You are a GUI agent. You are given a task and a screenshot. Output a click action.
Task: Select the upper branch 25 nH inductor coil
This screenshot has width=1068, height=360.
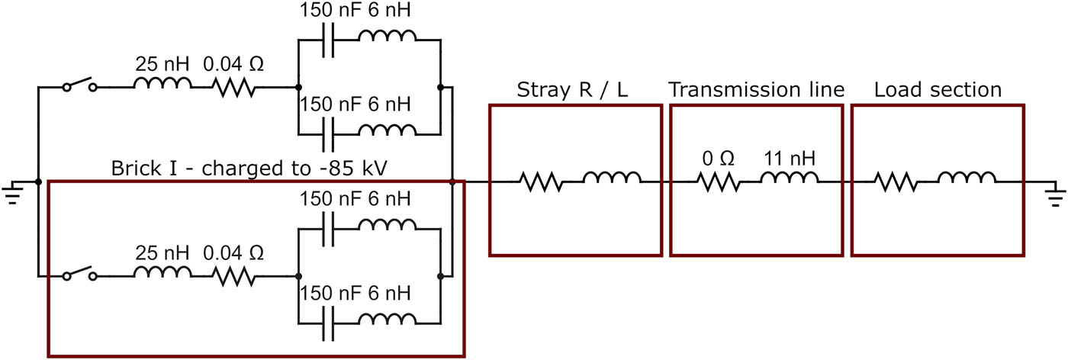click(162, 84)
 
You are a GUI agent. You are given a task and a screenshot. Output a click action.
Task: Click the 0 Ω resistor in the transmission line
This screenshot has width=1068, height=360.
click(717, 182)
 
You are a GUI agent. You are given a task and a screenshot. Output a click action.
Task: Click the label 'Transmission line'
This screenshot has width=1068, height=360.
click(757, 90)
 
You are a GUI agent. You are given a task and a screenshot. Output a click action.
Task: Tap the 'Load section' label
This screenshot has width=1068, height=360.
click(938, 90)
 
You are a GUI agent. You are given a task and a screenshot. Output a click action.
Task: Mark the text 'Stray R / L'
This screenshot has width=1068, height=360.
click(574, 90)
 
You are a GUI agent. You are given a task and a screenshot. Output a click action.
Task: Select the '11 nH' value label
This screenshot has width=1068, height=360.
click(789, 159)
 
